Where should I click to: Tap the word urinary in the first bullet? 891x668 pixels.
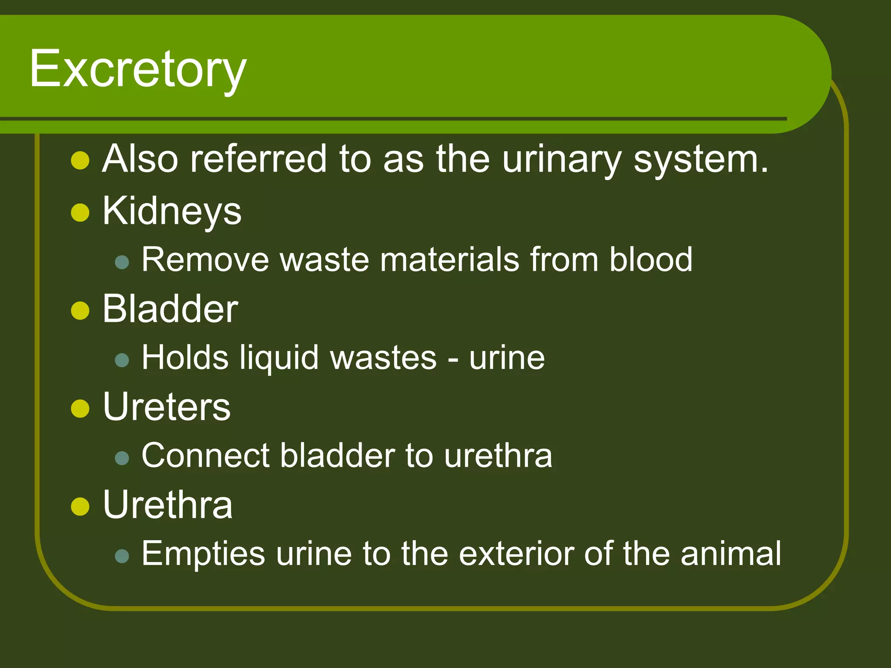click(562, 160)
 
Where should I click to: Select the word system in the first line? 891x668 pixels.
click(701, 160)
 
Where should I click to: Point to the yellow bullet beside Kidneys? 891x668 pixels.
click(80, 213)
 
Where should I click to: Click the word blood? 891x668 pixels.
click(650, 260)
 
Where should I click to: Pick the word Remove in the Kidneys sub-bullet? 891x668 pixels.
click(205, 260)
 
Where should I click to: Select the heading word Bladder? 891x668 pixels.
click(170, 309)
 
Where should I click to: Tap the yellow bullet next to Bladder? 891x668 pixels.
click(80, 311)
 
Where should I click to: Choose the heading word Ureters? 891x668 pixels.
click(167, 407)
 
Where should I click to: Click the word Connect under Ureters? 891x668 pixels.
click(205, 456)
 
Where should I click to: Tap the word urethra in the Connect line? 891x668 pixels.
click(498, 456)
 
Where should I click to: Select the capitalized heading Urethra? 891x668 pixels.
click(167, 505)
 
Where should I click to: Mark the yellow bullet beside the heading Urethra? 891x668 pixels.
click(80, 506)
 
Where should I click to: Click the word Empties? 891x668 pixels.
click(203, 554)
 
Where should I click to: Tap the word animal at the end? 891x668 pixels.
click(731, 554)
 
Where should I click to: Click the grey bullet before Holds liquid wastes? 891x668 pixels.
click(122, 360)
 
